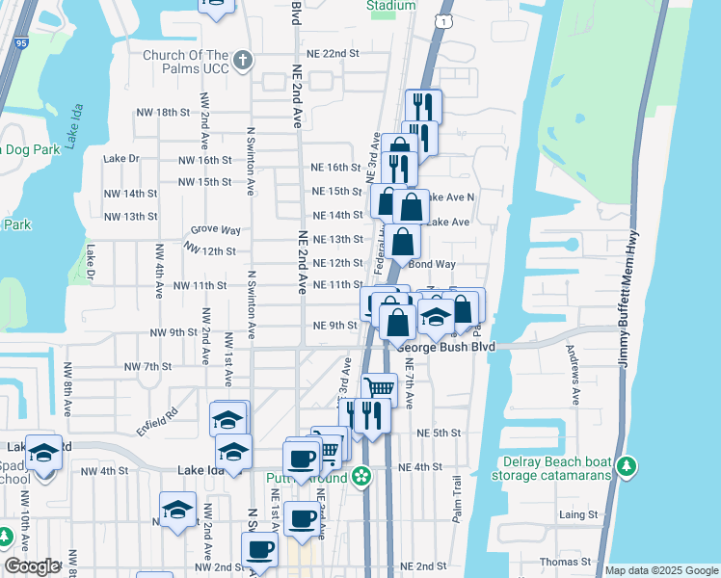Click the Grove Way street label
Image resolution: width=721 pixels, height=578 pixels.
[x=216, y=230]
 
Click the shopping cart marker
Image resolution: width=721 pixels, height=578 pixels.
[x=380, y=388]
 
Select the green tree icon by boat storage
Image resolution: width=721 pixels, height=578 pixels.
[x=628, y=466]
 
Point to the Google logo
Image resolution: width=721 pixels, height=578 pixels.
[x=32, y=566]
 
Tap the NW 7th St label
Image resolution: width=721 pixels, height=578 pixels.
[x=147, y=366]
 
